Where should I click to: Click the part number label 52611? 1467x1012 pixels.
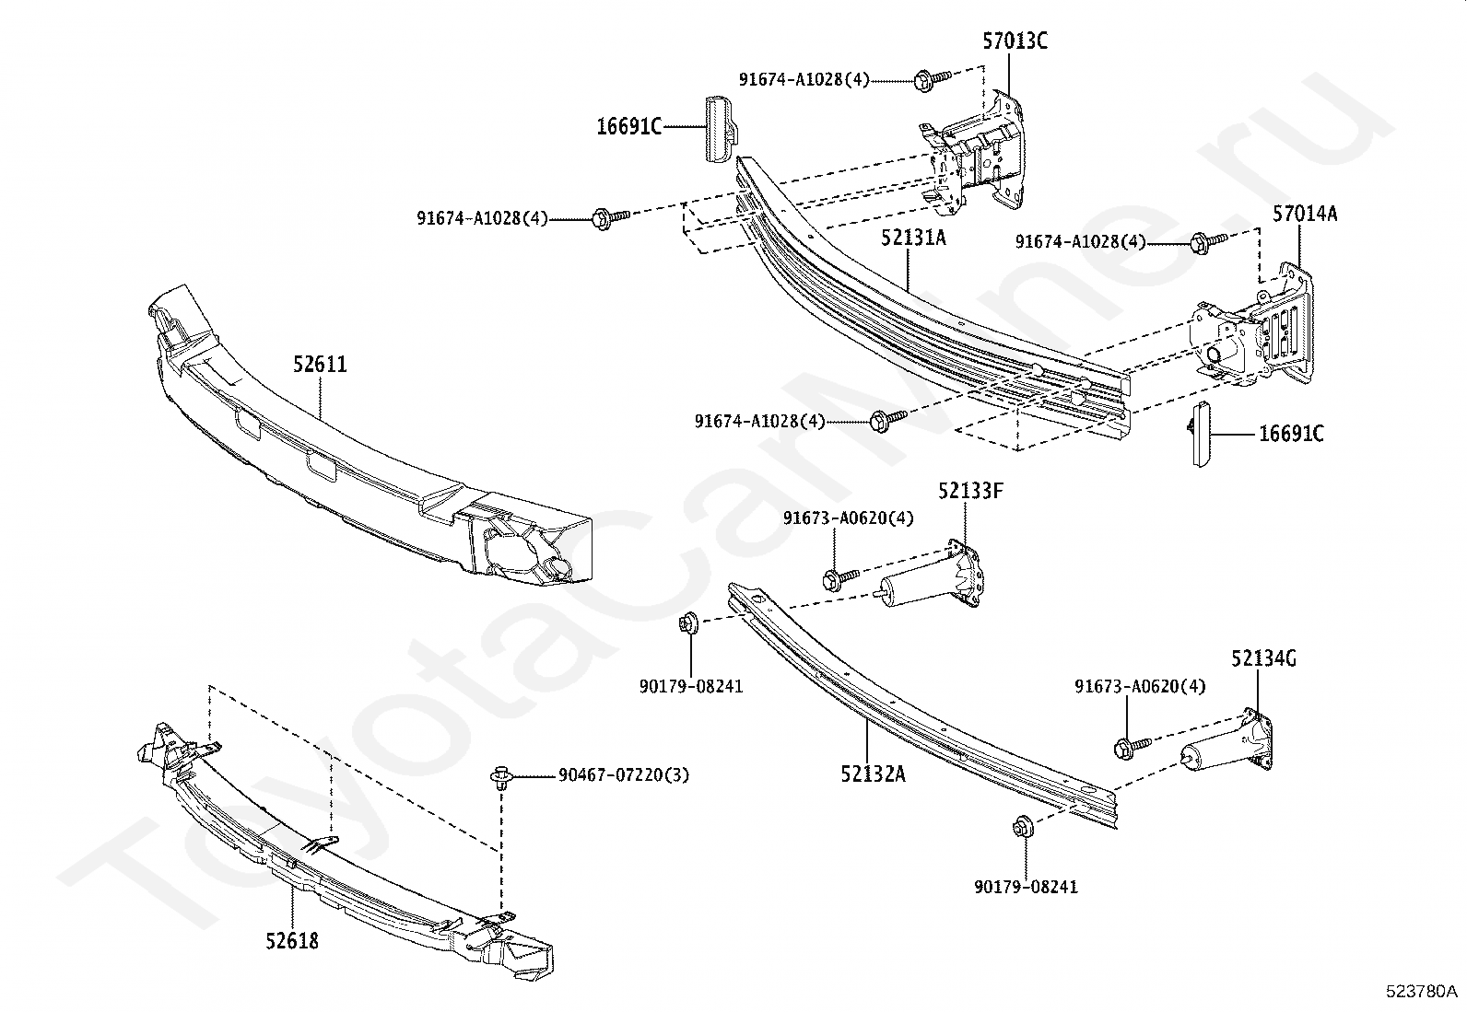pos(320,365)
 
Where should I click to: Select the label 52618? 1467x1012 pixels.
pos(292,941)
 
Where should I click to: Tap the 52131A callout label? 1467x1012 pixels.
pos(912,238)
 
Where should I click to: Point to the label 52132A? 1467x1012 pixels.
pos(872,774)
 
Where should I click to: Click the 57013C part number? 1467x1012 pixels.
pos(1014,41)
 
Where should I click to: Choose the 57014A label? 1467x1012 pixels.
pos(1305,214)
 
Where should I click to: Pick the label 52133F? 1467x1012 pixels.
pos(970,491)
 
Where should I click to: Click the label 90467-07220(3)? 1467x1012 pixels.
pos(623,775)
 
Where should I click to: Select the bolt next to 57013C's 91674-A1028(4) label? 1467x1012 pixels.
pos(927,80)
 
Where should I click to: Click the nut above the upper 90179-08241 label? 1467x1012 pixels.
pos(688,622)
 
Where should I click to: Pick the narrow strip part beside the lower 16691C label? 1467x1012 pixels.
pos(1196,433)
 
